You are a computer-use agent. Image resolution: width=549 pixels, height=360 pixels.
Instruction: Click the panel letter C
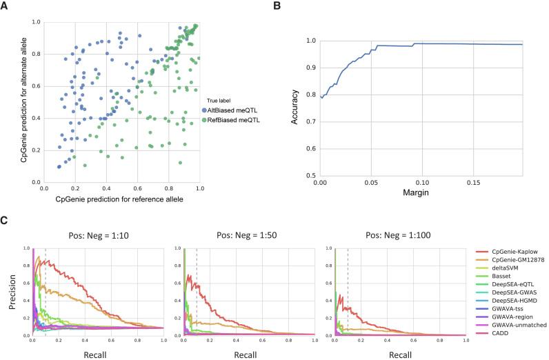pyautogui.click(x=7, y=222)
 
